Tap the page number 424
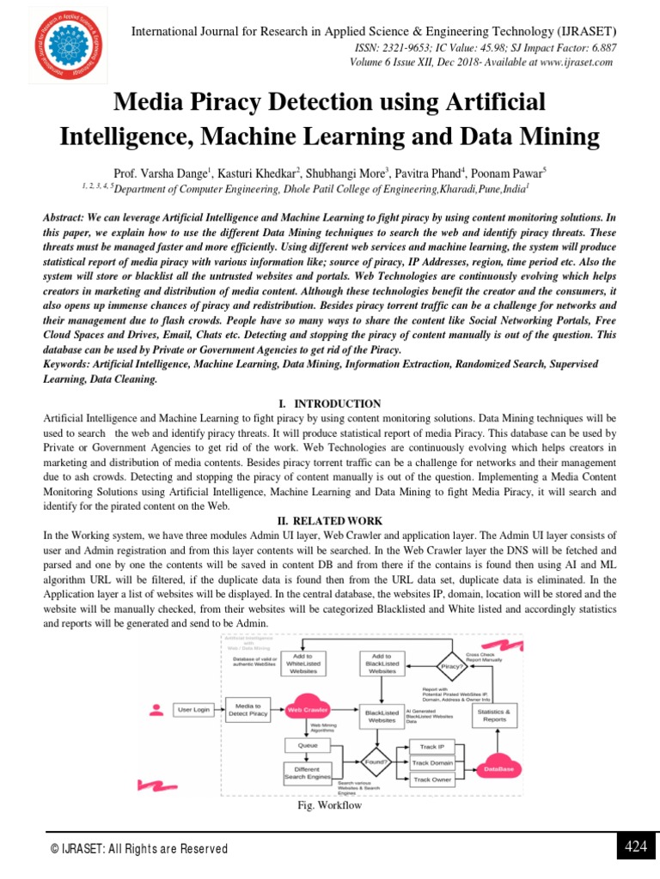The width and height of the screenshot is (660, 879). click(635, 847)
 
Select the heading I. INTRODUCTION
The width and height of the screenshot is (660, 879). click(330, 403)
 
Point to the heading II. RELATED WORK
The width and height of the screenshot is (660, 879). click(330, 520)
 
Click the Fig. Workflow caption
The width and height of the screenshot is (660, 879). click(329, 805)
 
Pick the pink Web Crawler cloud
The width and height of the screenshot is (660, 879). click(307, 710)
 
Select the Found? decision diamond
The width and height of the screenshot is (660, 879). click(376, 761)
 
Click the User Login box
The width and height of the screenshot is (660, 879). click(192, 710)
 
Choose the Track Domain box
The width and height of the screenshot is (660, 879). click(432, 762)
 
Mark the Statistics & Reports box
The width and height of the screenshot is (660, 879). click(494, 715)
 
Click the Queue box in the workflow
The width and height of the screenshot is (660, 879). click(307, 745)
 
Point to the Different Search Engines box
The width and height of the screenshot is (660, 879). click(307, 773)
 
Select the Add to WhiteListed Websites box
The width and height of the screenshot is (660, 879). click(302, 664)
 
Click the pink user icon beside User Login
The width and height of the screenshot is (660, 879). click(156, 709)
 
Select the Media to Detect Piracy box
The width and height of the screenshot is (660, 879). click(247, 710)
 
